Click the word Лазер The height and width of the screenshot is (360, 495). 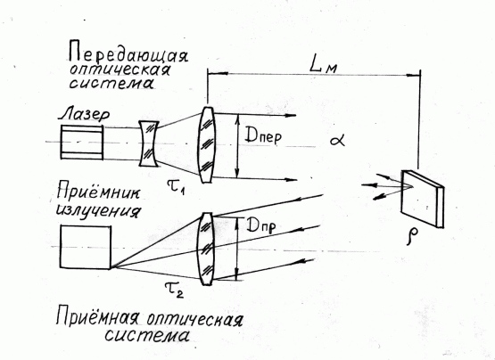[84, 114]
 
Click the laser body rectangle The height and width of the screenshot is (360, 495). [82, 142]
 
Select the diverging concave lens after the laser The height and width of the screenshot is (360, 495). [149, 144]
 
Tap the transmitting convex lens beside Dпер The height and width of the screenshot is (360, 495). [206, 145]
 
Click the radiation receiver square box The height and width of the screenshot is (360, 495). [86, 247]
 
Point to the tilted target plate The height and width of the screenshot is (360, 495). [423, 199]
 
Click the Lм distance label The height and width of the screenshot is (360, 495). [323, 66]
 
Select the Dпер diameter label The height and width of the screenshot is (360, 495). [263, 136]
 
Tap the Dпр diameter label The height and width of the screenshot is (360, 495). [260, 226]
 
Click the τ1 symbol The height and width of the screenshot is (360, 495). [176, 185]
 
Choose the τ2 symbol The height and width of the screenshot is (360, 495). [174, 289]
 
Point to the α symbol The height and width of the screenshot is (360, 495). [337, 140]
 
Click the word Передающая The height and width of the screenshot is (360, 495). [128, 53]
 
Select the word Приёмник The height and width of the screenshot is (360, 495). [98, 192]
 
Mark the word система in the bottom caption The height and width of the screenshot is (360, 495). [147, 335]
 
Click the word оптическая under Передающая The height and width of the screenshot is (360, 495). [120, 70]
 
